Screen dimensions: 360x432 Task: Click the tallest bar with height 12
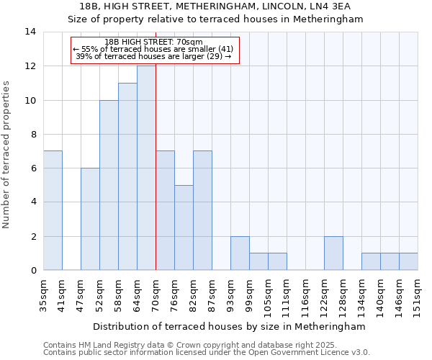pos(146,168)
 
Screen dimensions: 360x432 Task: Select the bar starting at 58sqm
pos(127,176)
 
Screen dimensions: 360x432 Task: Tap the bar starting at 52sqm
pos(109,185)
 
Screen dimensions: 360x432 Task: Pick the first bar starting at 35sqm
pos(53,210)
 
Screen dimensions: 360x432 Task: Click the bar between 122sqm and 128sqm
pos(333,253)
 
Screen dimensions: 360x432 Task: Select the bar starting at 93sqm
pos(240,253)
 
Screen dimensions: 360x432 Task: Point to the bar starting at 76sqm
pos(184,228)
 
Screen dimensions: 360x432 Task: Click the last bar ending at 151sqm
pos(408,261)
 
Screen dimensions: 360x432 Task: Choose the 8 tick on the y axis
pos(32,134)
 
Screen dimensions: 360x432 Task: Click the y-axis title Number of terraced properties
pos(7,154)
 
